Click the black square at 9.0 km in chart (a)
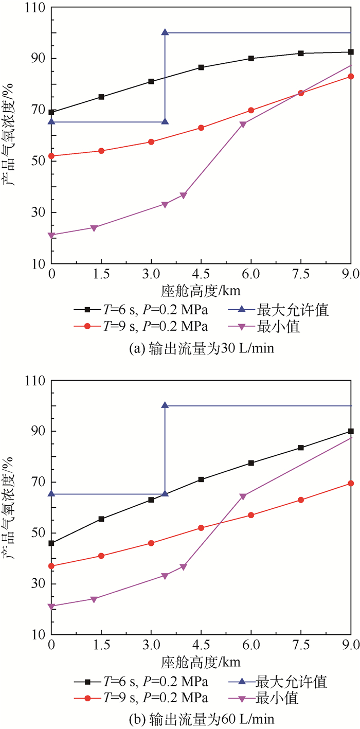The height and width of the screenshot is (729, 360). (x=351, y=52)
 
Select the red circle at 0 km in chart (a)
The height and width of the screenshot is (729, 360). (x=51, y=156)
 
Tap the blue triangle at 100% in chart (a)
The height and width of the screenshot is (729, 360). (x=165, y=32)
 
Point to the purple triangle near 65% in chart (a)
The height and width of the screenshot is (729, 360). (x=243, y=123)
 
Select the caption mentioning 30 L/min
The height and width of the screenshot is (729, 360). (x=201, y=348)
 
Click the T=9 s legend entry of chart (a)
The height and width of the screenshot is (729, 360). (x=141, y=326)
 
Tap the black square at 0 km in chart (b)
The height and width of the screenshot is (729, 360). (x=51, y=543)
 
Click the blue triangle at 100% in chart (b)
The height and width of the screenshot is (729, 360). (x=165, y=405)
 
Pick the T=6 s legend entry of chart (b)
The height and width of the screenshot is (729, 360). (x=141, y=682)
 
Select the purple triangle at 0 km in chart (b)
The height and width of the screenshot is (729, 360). (x=51, y=606)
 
